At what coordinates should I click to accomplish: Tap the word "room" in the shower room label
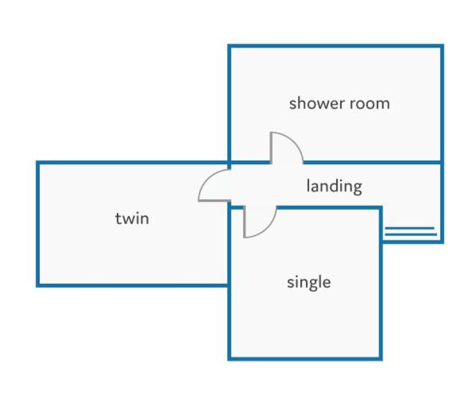(370, 103)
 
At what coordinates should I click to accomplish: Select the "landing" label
(335, 187)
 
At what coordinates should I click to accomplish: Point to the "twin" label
(132, 218)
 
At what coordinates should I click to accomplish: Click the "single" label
(309, 283)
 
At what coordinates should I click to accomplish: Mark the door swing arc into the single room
(269, 228)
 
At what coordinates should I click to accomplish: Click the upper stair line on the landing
(410, 228)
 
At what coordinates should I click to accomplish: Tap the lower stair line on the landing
(411, 234)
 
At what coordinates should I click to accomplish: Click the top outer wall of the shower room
(336, 46)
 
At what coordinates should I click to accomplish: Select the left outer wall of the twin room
(38, 224)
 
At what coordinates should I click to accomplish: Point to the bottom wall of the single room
(305, 359)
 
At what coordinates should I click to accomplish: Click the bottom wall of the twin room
(133, 285)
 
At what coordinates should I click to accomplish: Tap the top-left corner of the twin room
(38, 163)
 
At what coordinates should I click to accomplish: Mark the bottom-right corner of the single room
(381, 359)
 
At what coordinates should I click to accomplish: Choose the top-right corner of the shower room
(442, 46)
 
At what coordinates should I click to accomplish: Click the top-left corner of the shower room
(230, 46)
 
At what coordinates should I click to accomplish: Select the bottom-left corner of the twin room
(38, 285)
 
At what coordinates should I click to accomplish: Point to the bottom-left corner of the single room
(230, 359)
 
